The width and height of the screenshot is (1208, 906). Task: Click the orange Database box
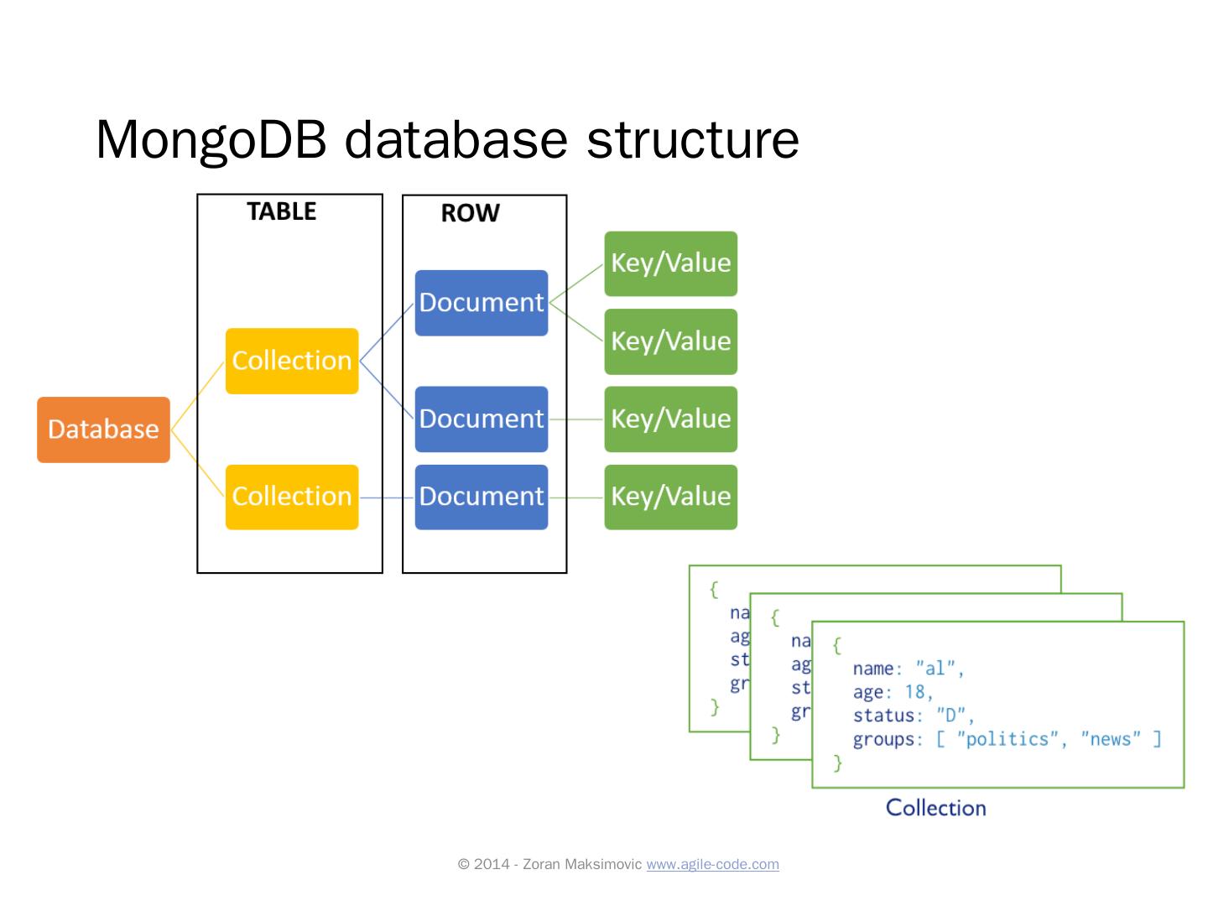click(103, 430)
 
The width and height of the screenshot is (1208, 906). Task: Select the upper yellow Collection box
click(292, 361)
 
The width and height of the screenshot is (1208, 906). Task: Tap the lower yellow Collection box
click(292, 497)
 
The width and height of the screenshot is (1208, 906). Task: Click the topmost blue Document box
click(482, 303)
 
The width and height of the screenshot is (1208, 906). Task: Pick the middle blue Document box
click(482, 419)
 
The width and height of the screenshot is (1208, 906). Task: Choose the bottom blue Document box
click(482, 497)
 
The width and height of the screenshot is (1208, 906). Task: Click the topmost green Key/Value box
click(670, 263)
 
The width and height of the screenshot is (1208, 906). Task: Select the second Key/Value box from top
click(670, 341)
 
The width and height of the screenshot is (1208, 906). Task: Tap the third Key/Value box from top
click(670, 419)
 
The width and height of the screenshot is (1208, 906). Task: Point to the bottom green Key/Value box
click(670, 497)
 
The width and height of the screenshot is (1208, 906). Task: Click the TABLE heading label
click(282, 211)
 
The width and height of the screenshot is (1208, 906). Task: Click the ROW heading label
click(470, 213)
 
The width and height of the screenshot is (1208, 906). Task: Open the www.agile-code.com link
click(712, 864)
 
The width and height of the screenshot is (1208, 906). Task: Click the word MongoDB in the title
click(211, 139)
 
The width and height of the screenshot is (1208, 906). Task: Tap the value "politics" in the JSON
click(1007, 739)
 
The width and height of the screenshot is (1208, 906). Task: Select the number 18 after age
click(914, 692)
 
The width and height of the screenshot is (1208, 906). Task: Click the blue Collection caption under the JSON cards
click(935, 808)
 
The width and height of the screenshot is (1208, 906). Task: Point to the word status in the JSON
click(883, 716)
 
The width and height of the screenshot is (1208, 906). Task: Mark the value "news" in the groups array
click(1110, 739)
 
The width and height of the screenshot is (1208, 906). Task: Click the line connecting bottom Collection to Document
click(387, 497)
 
